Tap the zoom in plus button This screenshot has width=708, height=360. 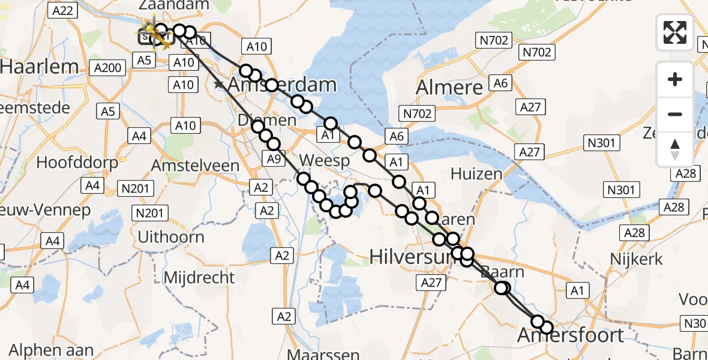click(x=675, y=79)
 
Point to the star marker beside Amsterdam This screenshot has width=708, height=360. click(x=220, y=85)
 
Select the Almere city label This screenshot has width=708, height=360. click(x=449, y=88)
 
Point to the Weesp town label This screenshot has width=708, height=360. click(x=323, y=161)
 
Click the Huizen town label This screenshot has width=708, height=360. click(x=476, y=175)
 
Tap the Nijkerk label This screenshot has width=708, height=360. click(x=636, y=259)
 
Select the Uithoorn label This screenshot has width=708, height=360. click(x=171, y=236)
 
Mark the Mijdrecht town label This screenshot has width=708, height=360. click(x=199, y=277)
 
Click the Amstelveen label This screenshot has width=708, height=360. click(x=196, y=165)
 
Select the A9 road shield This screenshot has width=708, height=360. click(x=273, y=159)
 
